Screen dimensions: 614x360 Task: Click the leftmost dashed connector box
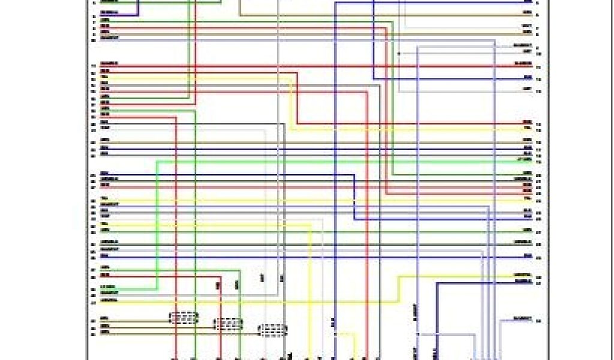click(183, 318)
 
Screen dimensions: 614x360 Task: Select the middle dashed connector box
click(228, 324)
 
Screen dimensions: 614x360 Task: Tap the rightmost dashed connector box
click(272, 331)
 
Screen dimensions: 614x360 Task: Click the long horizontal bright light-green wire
click(336, 161)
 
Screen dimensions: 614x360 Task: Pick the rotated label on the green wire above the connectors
click(237, 284)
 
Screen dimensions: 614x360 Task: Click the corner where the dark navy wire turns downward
click(437, 283)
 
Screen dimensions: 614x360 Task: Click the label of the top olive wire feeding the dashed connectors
click(104, 318)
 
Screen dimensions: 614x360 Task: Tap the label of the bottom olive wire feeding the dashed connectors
click(104, 332)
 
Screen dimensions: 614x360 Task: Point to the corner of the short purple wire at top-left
click(139, 14)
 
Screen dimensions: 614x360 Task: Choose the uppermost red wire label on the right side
click(523, 64)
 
